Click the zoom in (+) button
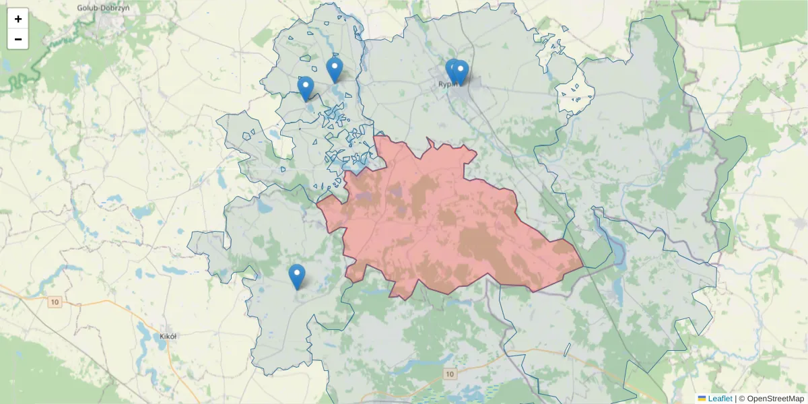coord(18,19)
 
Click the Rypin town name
coord(447,84)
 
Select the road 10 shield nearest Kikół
coord(55,302)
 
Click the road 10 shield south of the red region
coord(450,373)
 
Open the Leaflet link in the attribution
coord(720,399)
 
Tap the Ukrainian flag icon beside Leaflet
coord(702,399)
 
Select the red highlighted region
coord(431,222)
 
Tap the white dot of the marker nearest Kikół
coord(297,273)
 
